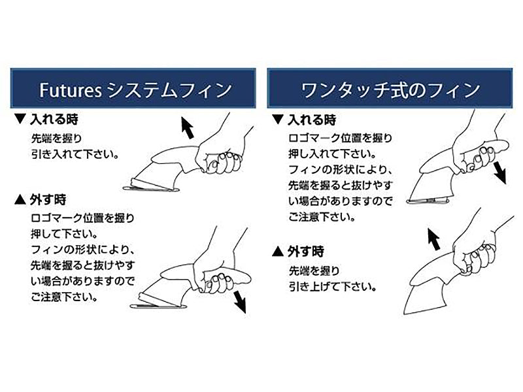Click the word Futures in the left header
71,90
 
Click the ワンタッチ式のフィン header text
390,90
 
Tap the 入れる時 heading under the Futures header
54,119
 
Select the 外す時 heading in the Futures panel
48,200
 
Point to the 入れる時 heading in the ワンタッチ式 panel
312,120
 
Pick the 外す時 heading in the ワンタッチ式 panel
306,252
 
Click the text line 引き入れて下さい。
75,154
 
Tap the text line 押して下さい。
64,234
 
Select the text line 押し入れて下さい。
333,154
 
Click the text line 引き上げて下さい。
333,287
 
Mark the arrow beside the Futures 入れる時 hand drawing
187,127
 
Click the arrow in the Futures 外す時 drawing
240,301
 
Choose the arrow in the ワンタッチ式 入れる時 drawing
499,172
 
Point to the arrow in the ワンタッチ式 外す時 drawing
434,238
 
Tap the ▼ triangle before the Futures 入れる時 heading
20,119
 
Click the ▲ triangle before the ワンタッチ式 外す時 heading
278,252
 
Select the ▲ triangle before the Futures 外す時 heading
20,200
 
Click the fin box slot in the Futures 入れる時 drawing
152,189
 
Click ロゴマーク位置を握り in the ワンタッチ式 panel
340,138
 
